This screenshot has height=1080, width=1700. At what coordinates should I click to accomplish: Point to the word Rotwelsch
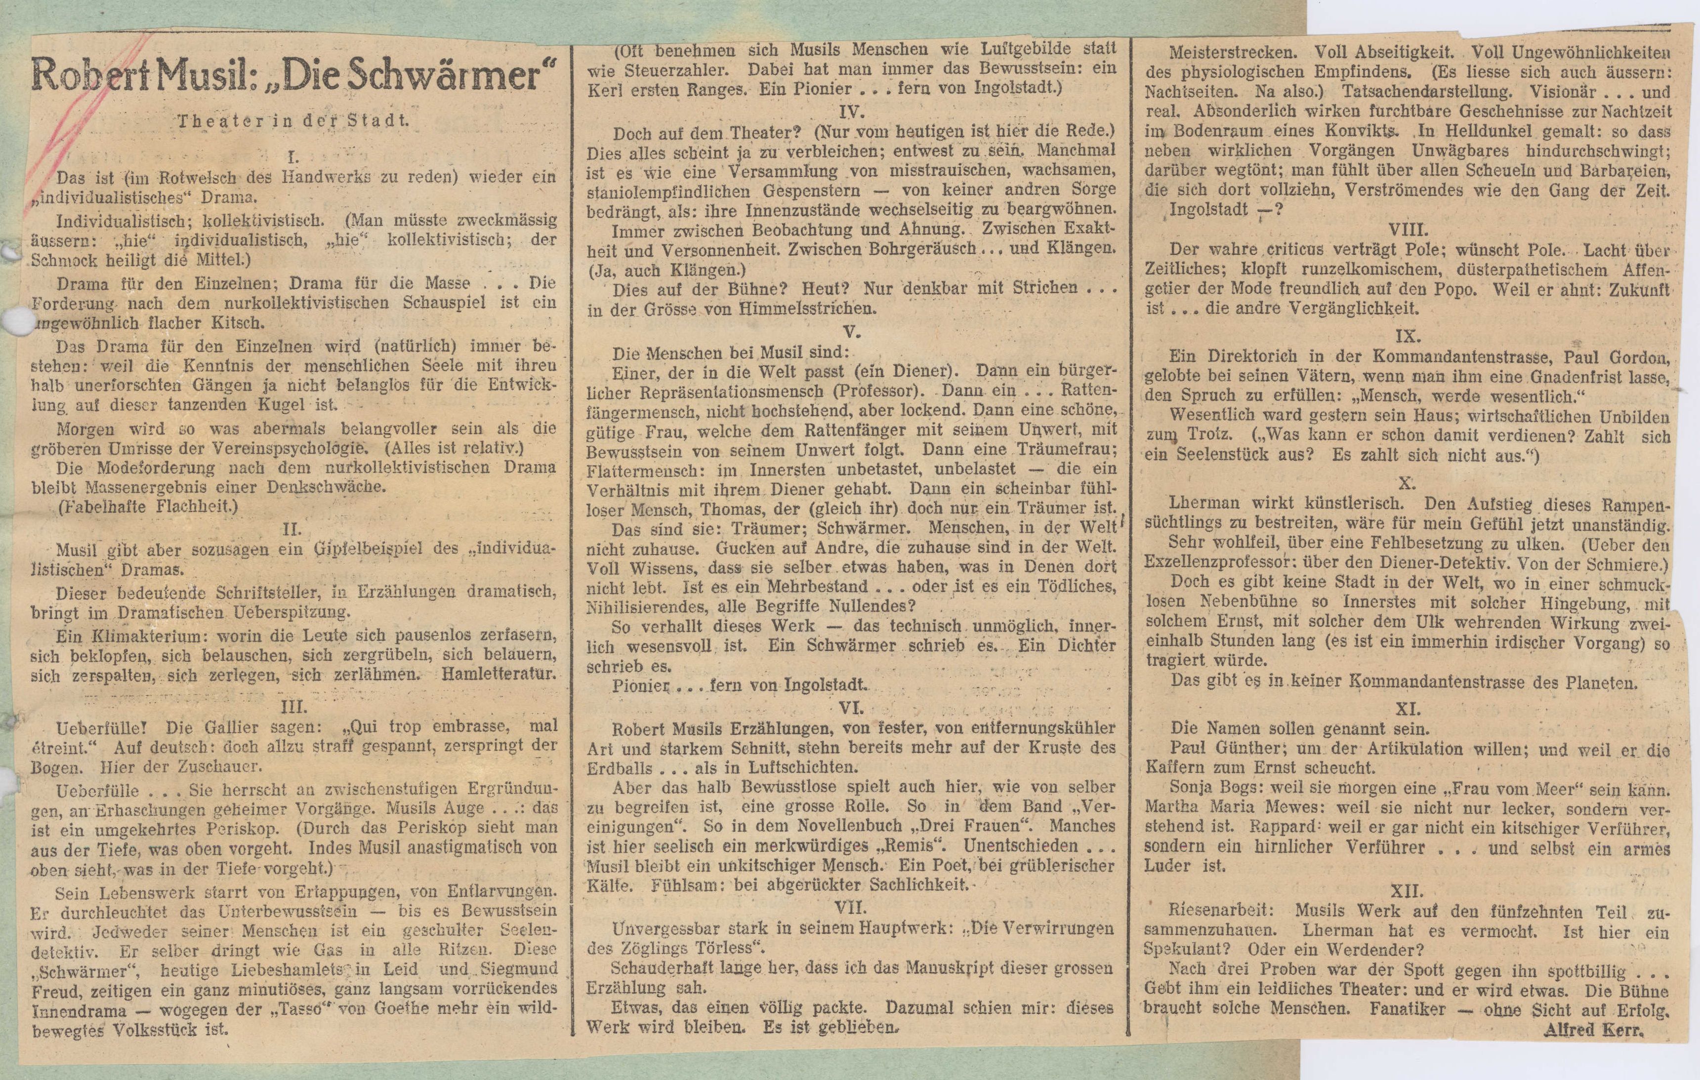point(194,177)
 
